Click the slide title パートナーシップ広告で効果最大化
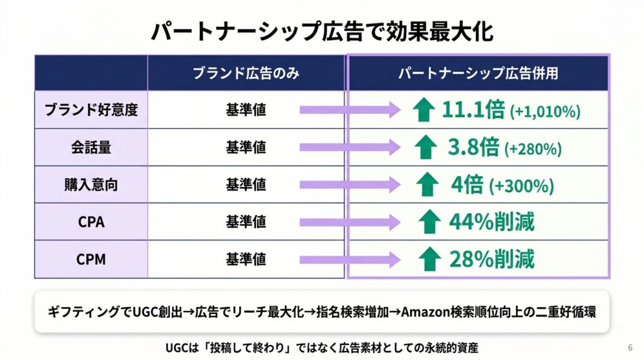[x=322, y=31]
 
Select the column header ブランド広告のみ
[x=246, y=73]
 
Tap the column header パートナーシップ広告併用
[x=478, y=73]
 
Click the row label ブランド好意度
[x=91, y=110]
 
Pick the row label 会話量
[x=91, y=147]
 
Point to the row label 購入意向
[x=91, y=184]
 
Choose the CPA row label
[x=91, y=222]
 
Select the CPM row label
[x=91, y=259]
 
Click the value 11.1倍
[x=473, y=110]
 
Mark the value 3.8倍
[x=474, y=147]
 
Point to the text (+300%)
[x=521, y=186]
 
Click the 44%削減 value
[x=492, y=222]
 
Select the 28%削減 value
[x=492, y=259]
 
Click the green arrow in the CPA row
[x=429, y=222]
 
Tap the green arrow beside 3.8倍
[x=426, y=147]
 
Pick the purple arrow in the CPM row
[x=350, y=259]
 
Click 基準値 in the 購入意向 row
[x=246, y=184]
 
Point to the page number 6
[x=630, y=347]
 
